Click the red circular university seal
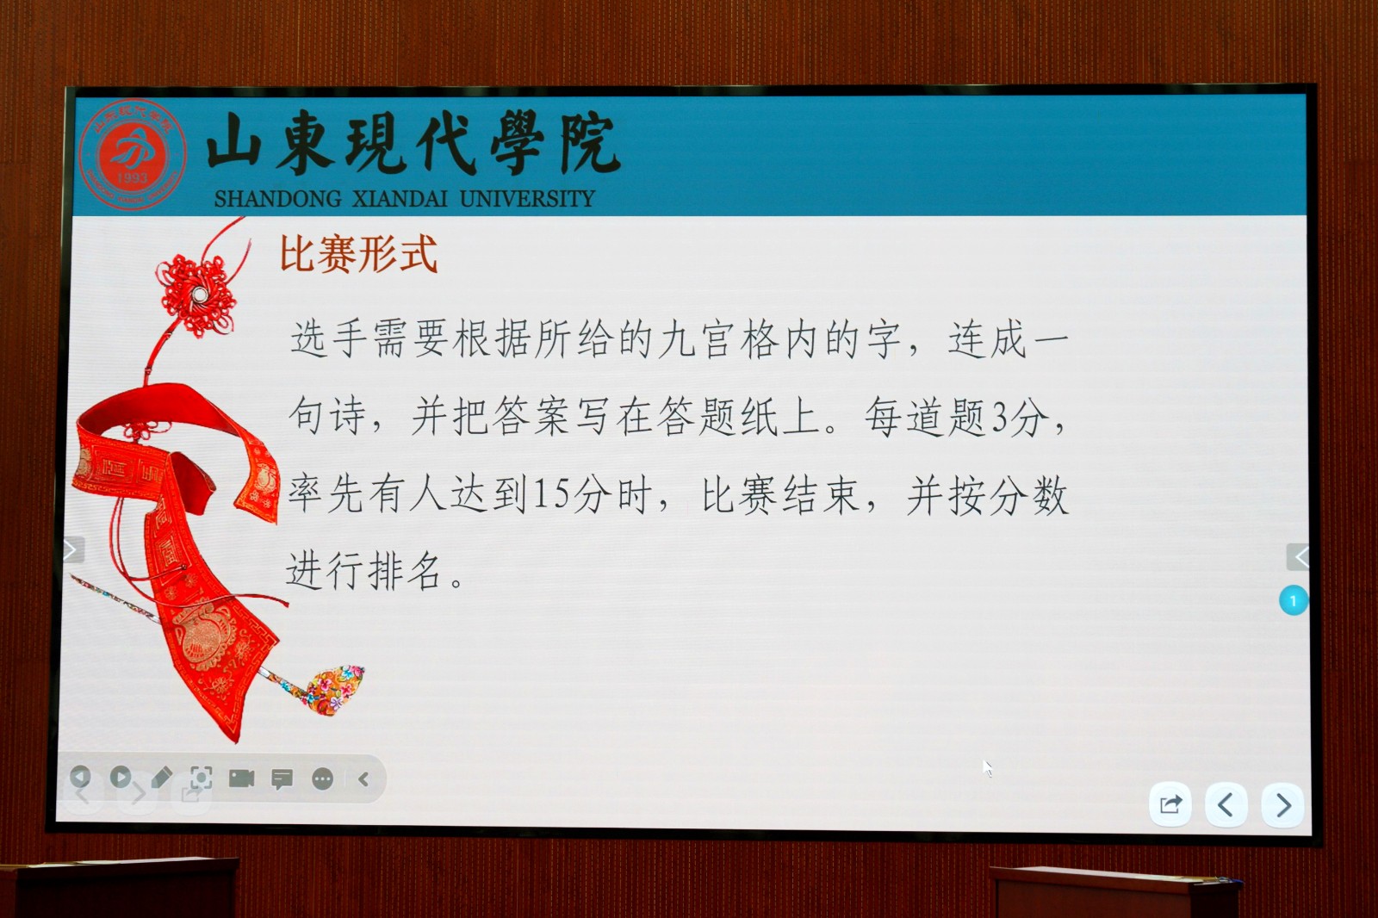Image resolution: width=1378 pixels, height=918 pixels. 133,154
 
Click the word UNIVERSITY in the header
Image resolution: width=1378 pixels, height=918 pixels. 527,199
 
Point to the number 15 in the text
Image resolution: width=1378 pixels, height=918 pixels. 550,494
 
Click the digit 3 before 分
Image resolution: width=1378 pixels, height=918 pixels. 1001,418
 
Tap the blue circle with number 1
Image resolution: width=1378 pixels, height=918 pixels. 1293,600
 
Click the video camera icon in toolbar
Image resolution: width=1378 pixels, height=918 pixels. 241,778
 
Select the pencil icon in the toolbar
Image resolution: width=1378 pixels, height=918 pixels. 161,777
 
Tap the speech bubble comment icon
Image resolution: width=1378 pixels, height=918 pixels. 282,779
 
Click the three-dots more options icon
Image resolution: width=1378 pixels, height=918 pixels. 322,779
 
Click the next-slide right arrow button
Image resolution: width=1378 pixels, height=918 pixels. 1282,805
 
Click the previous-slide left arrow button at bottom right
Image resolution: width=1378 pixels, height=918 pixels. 1226,805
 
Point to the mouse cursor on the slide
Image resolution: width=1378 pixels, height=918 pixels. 987,768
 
